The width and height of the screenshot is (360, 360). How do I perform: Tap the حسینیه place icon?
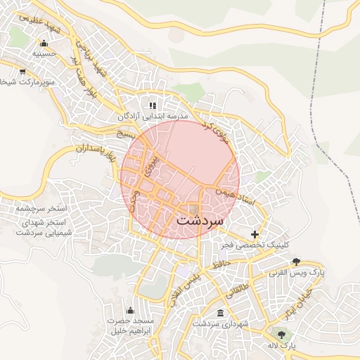point(44,43)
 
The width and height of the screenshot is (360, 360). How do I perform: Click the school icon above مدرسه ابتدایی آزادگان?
point(153,105)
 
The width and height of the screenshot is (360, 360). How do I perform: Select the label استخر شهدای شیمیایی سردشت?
point(41,227)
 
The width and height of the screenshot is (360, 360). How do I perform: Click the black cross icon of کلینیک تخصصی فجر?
point(255,233)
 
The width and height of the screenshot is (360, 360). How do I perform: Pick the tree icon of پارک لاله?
point(282,335)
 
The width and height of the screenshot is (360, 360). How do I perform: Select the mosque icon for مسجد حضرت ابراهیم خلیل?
point(129,310)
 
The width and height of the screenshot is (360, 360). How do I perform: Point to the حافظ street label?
point(223,265)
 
